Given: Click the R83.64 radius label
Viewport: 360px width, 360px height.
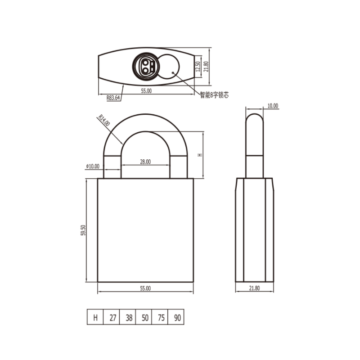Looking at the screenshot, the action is click(113, 98).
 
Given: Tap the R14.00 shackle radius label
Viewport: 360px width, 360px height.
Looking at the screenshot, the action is click(104, 120).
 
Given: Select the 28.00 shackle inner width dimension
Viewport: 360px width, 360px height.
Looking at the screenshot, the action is click(145, 162).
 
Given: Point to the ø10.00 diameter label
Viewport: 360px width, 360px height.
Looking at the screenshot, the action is click(93, 166).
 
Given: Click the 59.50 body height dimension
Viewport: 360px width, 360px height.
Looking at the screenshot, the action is click(83, 230).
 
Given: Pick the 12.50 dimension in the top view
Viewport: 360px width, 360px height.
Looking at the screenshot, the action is click(198, 66).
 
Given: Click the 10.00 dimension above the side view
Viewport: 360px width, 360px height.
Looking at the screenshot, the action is click(273, 106).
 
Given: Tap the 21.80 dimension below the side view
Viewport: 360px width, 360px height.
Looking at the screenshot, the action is click(254, 288).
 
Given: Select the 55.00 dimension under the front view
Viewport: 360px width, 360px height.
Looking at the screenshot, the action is click(145, 288).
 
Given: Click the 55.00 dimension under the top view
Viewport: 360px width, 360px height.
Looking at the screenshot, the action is click(146, 91).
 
